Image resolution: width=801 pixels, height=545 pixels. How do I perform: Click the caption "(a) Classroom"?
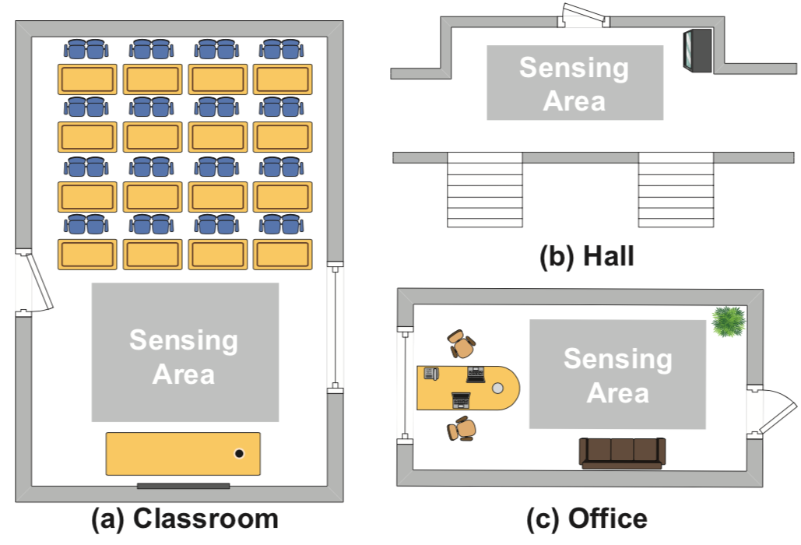coord(184,519)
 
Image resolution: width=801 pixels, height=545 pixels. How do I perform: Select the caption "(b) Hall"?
coord(587,256)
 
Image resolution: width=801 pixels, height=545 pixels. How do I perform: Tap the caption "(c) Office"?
coord(586,519)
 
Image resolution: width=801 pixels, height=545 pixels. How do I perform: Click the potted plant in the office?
coord(729,320)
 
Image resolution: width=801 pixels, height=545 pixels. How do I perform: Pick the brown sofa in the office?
coord(622,452)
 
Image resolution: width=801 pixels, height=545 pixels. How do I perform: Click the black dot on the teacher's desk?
coord(239,453)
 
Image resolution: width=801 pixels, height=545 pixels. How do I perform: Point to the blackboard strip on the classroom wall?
coord(184,486)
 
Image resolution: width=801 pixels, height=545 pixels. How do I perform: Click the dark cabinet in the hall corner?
coord(697,51)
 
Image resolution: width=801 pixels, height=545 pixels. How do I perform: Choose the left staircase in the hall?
coord(484,190)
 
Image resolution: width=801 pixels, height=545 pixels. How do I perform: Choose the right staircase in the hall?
coord(676,190)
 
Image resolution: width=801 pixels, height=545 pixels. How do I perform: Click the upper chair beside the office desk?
coord(462,344)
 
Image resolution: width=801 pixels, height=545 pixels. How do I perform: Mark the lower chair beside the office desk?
coord(462,428)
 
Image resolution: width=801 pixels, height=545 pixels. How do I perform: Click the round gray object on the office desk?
coord(498,387)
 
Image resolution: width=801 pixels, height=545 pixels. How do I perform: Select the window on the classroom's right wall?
coord(335,327)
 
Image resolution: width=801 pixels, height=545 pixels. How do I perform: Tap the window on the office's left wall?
coord(404,386)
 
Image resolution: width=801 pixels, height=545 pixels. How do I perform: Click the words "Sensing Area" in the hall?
coord(574,83)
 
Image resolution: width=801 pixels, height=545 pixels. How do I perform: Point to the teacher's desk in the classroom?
coord(183,454)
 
